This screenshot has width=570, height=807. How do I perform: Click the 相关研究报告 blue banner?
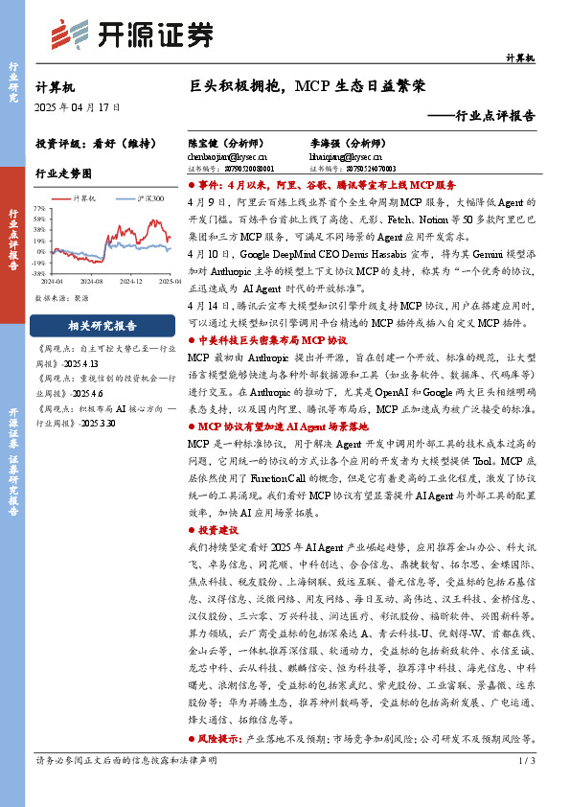103,325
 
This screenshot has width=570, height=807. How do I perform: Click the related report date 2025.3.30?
99,423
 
